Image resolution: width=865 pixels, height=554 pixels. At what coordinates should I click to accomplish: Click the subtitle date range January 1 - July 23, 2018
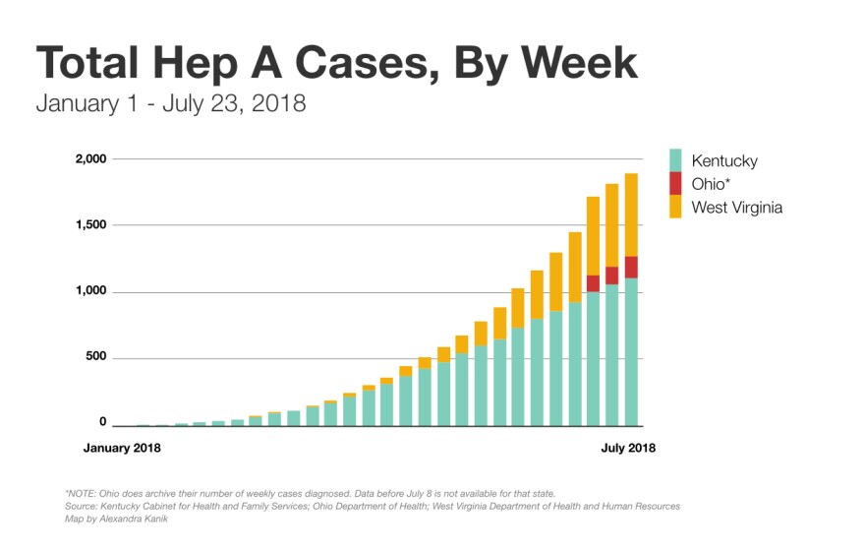(170, 103)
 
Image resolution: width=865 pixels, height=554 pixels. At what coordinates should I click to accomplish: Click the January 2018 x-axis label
(122, 448)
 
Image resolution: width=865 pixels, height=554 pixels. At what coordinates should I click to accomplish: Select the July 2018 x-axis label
(627, 448)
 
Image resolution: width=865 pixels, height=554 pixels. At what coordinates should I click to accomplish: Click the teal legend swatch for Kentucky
(675, 160)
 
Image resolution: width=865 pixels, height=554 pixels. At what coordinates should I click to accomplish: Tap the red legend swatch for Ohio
(675, 183)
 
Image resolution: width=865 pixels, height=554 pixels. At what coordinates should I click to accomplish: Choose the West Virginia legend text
(737, 207)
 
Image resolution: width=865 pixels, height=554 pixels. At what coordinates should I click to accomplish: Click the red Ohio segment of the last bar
(630, 267)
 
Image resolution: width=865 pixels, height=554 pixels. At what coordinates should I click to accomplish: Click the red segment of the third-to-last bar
(593, 283)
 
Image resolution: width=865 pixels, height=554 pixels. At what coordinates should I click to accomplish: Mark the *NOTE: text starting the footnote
(85, 493)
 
